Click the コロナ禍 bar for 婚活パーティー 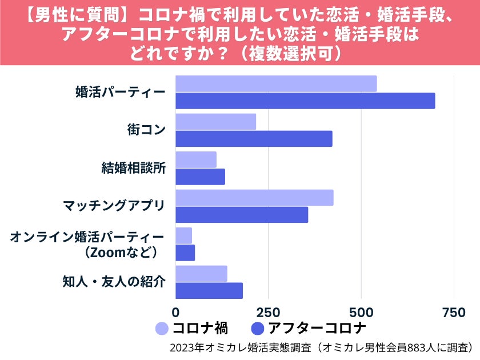276,83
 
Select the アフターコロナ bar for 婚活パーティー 305,101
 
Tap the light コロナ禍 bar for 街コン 215,122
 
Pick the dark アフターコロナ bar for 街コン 254,139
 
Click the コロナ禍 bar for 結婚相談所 196,159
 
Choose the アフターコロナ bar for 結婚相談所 200,177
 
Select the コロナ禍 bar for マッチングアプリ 254,198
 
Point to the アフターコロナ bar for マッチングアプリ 242,215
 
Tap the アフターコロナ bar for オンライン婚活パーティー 185,253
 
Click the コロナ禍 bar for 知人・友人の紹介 201,274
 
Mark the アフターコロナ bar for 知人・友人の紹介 209,291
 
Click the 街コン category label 146,130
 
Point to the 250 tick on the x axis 268,313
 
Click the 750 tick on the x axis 454,313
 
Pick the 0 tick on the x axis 175,313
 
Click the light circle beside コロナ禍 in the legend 162,329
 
